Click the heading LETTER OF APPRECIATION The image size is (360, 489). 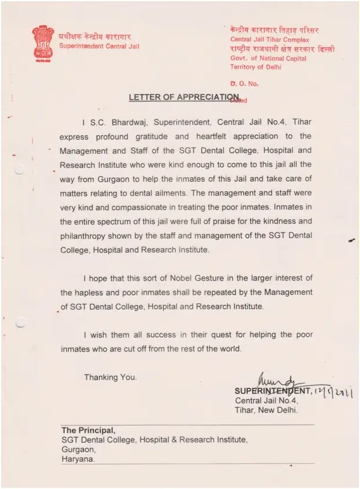click(183, 97)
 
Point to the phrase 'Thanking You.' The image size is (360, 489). click(111, 377)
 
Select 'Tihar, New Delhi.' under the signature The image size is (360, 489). click(266, 410)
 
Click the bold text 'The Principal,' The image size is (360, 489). click(89, 430)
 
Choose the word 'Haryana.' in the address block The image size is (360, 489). click(78, 459)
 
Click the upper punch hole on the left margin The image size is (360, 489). click(19, 169)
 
